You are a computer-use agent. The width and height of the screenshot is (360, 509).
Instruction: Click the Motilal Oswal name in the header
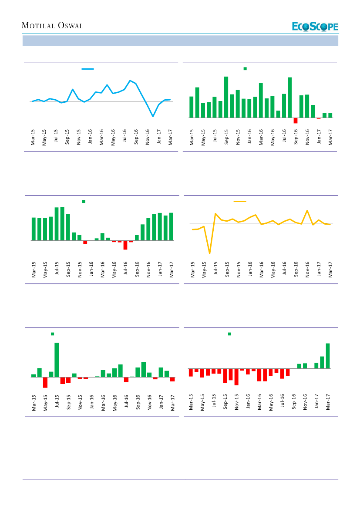point(52,26)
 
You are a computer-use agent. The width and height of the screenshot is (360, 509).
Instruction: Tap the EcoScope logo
point(315,27)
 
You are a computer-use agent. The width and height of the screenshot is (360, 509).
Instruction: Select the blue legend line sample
point(87,69)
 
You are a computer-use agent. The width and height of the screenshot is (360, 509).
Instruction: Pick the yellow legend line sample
point(240,201)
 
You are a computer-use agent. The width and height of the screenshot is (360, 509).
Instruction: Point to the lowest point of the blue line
point(153,116)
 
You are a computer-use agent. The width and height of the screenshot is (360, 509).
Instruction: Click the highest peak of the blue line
point(130,81)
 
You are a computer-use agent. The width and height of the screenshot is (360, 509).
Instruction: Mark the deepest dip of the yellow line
point(210,253)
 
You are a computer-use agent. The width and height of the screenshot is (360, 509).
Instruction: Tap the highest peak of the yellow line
point(307,211)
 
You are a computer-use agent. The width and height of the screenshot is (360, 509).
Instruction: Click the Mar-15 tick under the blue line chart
point(33,136)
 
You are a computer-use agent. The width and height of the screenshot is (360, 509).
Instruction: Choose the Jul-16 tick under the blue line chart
point(124,136)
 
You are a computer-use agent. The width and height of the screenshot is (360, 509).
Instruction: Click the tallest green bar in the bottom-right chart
point(328,356)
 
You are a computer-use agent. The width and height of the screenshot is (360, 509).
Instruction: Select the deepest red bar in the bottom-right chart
point(236,377)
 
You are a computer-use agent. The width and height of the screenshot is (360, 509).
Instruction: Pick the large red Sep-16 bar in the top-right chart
point(296,121)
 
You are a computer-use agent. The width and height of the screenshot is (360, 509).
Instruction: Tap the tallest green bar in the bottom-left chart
point(57,360)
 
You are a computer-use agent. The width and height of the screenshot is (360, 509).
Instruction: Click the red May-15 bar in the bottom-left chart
point(45,382)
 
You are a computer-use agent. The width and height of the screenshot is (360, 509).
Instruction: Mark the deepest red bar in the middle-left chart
point(125,245)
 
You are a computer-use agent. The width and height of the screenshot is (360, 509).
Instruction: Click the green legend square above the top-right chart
point(245,68)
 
